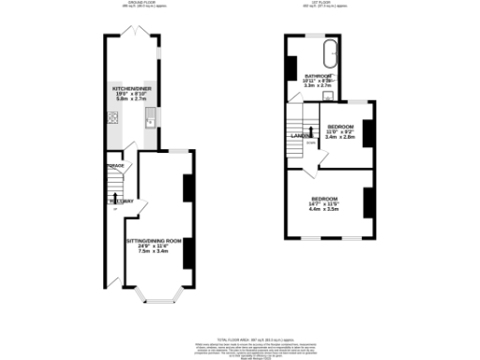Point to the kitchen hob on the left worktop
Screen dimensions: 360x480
click(x=112, y=118)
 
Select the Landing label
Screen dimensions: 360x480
click(x=301, y=136)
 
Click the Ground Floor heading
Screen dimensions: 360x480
click(x=142, y=4)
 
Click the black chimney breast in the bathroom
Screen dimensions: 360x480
click(x=291, y=67)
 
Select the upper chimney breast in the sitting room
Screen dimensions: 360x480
click(x=187, y=188)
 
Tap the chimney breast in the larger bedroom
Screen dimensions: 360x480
click(x=368, y=201)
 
